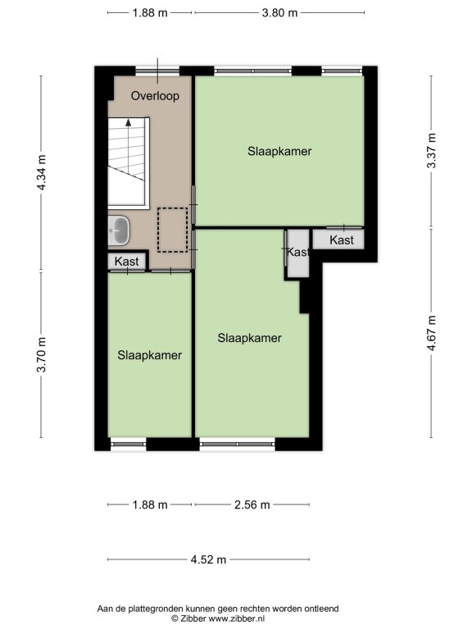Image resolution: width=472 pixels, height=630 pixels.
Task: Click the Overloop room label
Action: [x=155, y=96]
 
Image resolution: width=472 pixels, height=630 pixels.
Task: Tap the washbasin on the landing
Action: [x=120, y=231]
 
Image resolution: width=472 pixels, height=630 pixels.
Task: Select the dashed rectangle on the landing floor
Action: [x=172, y=230]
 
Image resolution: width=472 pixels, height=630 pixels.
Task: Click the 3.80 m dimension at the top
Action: [x=279, y=13]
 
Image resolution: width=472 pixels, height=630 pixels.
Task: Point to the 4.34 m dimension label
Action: [x=41, y=172]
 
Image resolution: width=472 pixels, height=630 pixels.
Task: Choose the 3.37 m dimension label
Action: [x=432, y=151]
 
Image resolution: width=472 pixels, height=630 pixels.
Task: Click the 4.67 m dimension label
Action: [x=432, y=333]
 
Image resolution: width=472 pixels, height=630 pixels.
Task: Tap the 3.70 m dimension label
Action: [x=41, y=354]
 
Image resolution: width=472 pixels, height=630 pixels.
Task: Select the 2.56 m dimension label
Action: [x=252, y=504]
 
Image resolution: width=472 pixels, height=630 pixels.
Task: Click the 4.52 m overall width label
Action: [x=208, y=559]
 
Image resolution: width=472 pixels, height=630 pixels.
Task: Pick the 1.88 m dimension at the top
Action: [x=150, y=13]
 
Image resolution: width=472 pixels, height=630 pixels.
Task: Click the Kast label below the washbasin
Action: [x=127, y=261]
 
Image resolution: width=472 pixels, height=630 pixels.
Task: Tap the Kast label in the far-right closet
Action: [x=342, y=240]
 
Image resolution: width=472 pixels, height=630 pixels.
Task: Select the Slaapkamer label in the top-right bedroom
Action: [x=279, y=152]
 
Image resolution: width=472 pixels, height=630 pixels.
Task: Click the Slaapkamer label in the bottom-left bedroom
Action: [x=150, y=355]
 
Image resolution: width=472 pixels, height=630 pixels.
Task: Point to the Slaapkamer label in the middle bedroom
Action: [x=250, y=338]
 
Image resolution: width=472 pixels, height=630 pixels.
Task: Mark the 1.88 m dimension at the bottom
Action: [x=150, y=504]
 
